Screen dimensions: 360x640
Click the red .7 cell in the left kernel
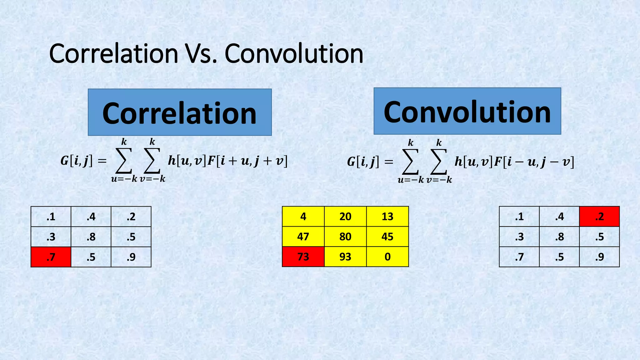coord(51,257)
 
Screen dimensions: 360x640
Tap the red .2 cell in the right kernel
coord(599,217)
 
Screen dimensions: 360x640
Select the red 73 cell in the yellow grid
coord(303,257)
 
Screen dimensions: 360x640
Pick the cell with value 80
coord(345,237)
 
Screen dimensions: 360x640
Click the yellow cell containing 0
coord(387,257)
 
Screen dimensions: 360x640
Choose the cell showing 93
coord(345,257)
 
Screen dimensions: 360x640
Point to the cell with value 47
coord(303,237)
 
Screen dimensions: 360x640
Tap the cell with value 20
coord(345,217)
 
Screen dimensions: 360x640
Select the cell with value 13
coord(387,217)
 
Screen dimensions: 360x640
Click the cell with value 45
coord(387,237)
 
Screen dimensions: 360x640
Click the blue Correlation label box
coord(180,112)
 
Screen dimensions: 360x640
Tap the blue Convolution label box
coord(467,111)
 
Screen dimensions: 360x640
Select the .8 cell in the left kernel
coord(91,237)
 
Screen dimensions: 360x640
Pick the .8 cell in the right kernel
coord(559,237)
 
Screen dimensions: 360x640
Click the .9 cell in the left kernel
coord(131,257)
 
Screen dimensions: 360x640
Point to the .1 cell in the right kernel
coord(519,217)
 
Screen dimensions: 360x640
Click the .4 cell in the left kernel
coord(91,217)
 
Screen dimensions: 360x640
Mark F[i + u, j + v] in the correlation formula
coord(247,161)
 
